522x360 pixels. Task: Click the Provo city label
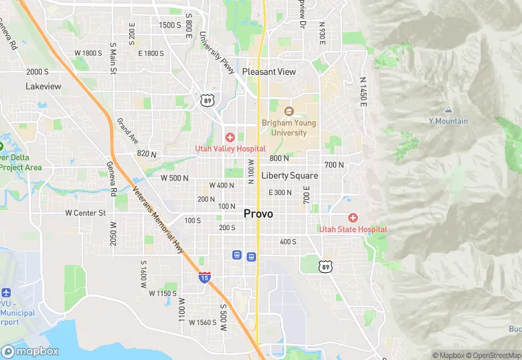(x=258, y=214)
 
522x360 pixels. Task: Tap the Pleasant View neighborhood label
(x=269, y=71)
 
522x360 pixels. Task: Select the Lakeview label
(x=43, y=87)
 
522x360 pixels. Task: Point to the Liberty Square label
(x=290, y=176)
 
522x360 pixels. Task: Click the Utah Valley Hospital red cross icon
(x=230, y=137)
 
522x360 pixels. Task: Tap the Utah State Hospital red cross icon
(x=353, y=218)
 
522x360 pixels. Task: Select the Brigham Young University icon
(x=288, y=111)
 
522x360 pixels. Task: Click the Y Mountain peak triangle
(x=448, y=110)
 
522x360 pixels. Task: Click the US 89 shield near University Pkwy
(x=207, y=101)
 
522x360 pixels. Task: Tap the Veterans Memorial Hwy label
(x=159, y=221)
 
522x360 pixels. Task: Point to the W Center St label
(x=85, y=213)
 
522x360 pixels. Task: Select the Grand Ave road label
(x=128, y=131)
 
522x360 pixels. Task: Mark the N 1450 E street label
(x=363, y=90)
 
